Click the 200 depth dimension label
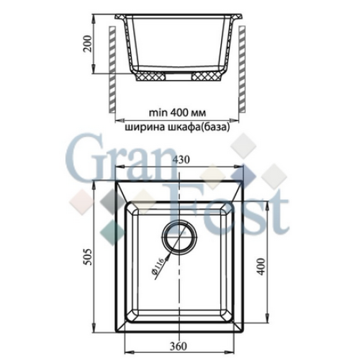(x=88, y=44)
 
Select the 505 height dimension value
(x=88, y=256)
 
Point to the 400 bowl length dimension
(x=261, y=266)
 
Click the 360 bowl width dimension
(x=179, y=346)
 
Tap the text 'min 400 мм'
(x=177, y=112)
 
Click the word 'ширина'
(x=142, y=127)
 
